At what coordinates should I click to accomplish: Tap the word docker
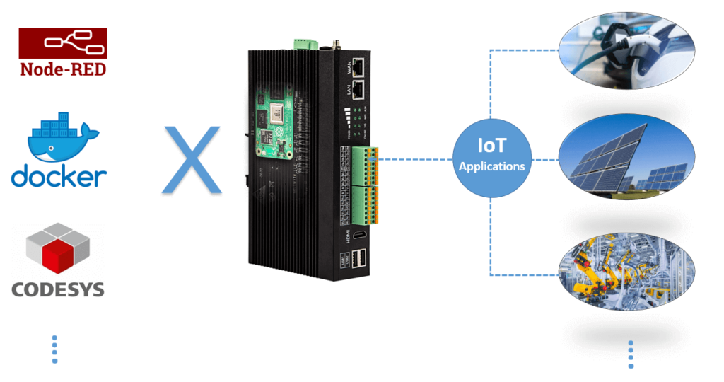pos(59,175)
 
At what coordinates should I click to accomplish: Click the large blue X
pos(192,158)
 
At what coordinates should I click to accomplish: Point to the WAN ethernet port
pos(359,66)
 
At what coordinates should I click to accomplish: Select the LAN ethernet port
pos(359,89)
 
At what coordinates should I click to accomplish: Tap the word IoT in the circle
pos(491,147)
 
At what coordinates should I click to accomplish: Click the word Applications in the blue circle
pos(491,167)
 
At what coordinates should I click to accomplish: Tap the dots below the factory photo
pos(631,354)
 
